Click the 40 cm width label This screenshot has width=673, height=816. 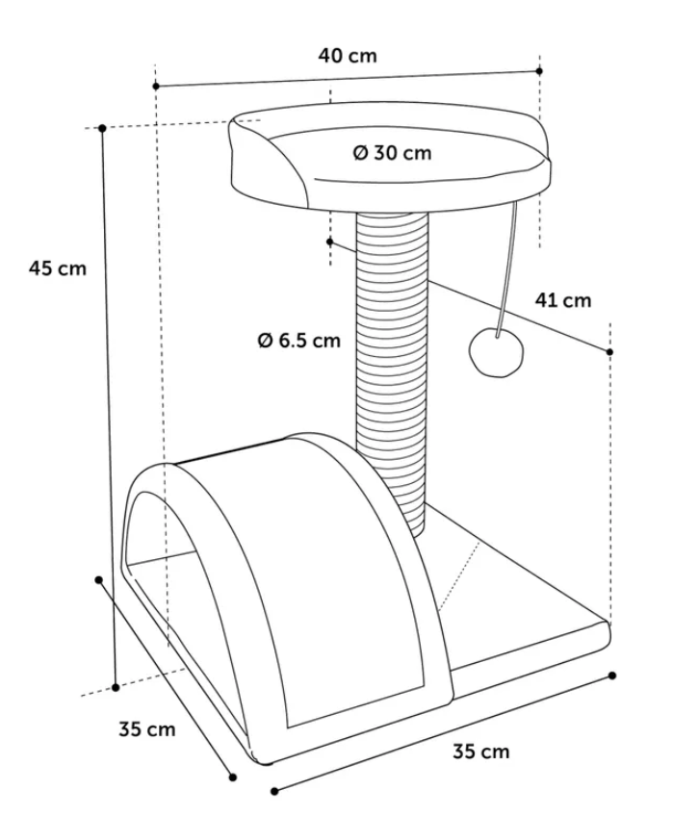[x=348, y=56]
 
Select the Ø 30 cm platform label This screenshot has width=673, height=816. [x=392, y=153]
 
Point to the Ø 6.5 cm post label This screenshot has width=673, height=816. [x=299, y=340]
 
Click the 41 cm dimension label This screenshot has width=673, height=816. [x=563, y=300]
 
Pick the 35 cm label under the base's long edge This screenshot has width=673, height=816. [x=481, y=751]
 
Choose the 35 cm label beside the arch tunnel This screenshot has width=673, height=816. [x=147, y=728]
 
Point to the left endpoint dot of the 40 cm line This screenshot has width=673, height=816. [x=156, y=87]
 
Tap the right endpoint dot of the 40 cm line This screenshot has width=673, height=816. [x=539, y=71]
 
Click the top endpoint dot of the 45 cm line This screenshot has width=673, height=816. [x=101, y=127]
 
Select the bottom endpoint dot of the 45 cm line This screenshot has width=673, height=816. [x=116, y=686]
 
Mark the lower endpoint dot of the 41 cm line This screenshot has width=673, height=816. [x=610, y=352]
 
